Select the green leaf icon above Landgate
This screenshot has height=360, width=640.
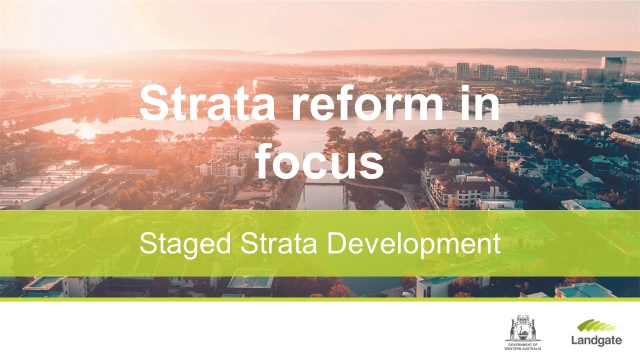595,326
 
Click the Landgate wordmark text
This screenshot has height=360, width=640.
596,341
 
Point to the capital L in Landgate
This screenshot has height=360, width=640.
574,340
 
